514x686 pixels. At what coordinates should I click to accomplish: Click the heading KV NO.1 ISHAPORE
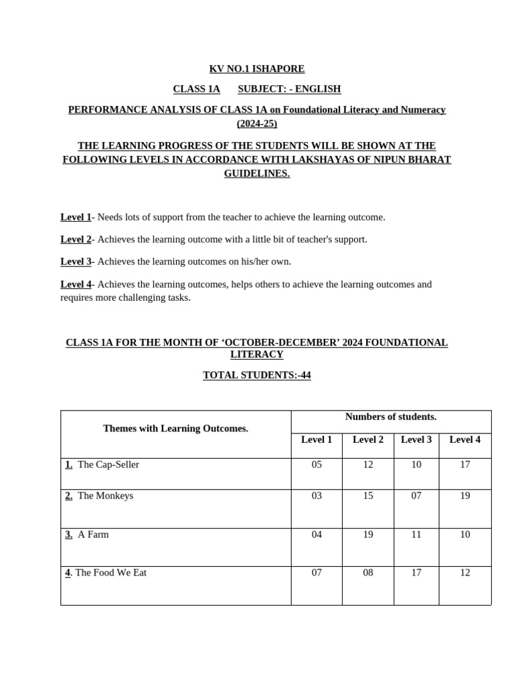[x=256, y=69]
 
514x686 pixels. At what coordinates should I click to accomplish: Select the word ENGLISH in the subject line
[x=318, y=89]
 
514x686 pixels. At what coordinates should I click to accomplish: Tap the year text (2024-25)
[x=256, y=123]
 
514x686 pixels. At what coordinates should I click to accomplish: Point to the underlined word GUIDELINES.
[x=256, y=174]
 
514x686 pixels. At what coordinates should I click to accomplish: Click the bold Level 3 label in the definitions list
[x=76, y=261]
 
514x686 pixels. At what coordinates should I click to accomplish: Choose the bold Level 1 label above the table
[x=76, y=217]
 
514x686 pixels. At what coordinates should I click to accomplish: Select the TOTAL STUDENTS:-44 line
[x=256, y=375]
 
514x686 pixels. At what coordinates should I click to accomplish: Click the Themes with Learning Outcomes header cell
[x=175, y=429]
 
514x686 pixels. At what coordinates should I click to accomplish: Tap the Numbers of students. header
[x=391, y=417]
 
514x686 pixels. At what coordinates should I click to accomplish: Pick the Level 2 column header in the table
[x=368, y=439]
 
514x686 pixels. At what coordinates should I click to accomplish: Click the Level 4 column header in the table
[x=464, y=439]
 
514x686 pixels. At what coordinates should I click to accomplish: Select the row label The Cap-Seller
[x=108, y=464]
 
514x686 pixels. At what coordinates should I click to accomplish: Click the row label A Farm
[x=93, y=535]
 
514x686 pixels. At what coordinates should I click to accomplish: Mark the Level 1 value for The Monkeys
[x=317, y=496]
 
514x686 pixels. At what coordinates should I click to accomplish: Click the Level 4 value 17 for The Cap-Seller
[x=464, y=464]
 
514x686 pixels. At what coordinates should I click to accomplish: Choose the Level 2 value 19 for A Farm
[x=368, y=535]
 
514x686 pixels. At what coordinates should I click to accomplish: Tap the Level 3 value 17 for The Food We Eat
[x=416, y=573]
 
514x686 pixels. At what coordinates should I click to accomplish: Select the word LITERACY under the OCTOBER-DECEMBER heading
[x=256, y=354]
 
